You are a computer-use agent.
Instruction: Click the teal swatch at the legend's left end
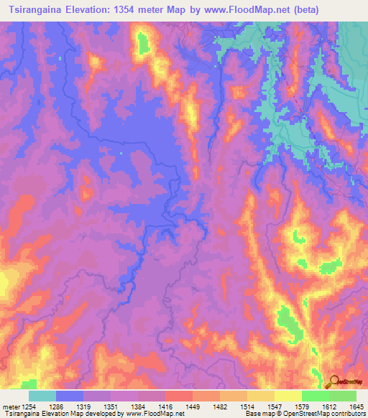pyautogui.click(x=42, y=396)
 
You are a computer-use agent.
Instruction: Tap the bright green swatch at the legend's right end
pyautogui.click(x=342, y=396)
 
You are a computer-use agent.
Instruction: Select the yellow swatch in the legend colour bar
pyautogui.click(x=287, y=396)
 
